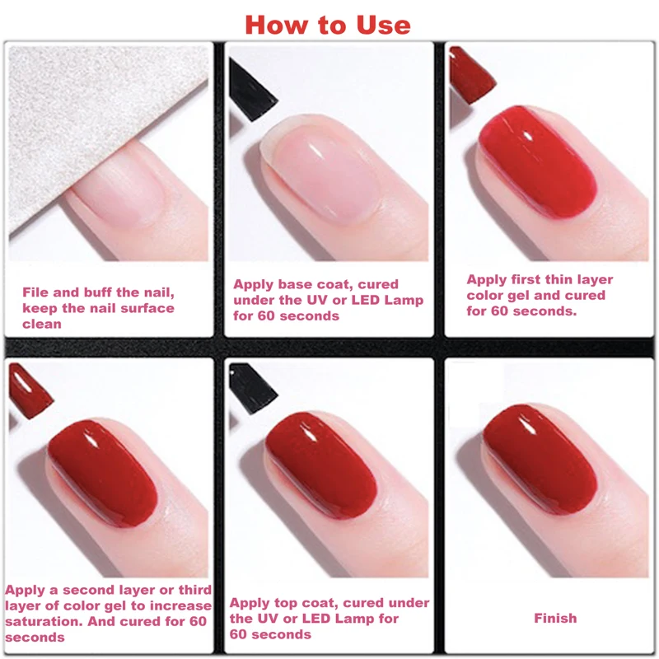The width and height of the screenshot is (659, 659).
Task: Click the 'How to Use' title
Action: click(327, 24)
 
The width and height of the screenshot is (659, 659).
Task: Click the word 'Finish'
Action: click(554, 618)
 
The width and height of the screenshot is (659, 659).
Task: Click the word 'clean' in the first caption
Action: click(42, 324)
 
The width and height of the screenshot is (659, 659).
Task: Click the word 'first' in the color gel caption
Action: click(528, 280)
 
